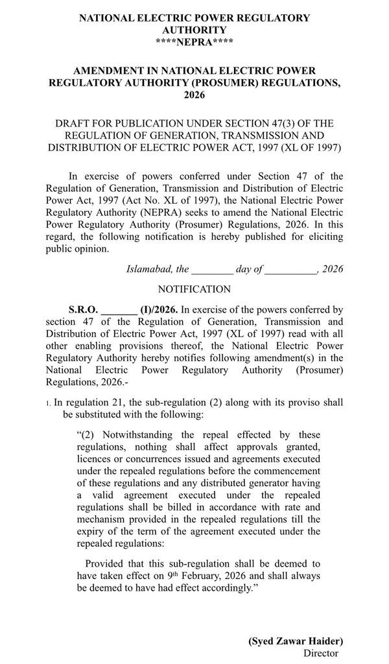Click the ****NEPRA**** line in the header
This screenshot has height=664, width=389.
click(x=194, y=41)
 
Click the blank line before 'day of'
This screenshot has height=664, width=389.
click(x=212, y=270)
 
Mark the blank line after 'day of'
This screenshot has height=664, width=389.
click(x=290, y=270)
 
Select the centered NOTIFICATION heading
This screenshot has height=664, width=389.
click(x=194, y=289)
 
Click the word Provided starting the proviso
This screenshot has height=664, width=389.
click(x=106, y=563)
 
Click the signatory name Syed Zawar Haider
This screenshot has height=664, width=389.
click(x=296, y=640)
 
